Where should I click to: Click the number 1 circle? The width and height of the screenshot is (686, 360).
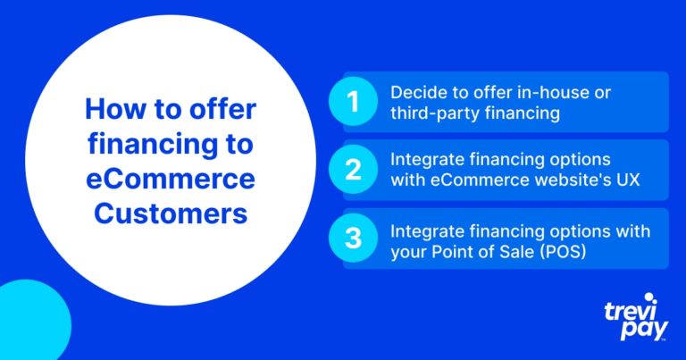(353, 102)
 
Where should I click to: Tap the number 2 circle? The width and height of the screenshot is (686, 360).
(353, 170)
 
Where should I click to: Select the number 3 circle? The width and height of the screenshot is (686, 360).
(353, 238)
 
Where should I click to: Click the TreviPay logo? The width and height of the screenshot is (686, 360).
(637, 317)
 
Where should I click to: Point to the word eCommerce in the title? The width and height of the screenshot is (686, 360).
(171, 179)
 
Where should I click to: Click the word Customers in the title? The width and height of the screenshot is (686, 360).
(171, 213)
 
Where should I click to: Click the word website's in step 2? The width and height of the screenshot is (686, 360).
(574, 180)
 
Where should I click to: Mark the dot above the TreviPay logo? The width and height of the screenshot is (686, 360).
(648, 297)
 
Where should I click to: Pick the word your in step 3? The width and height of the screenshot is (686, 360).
(409, 254)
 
